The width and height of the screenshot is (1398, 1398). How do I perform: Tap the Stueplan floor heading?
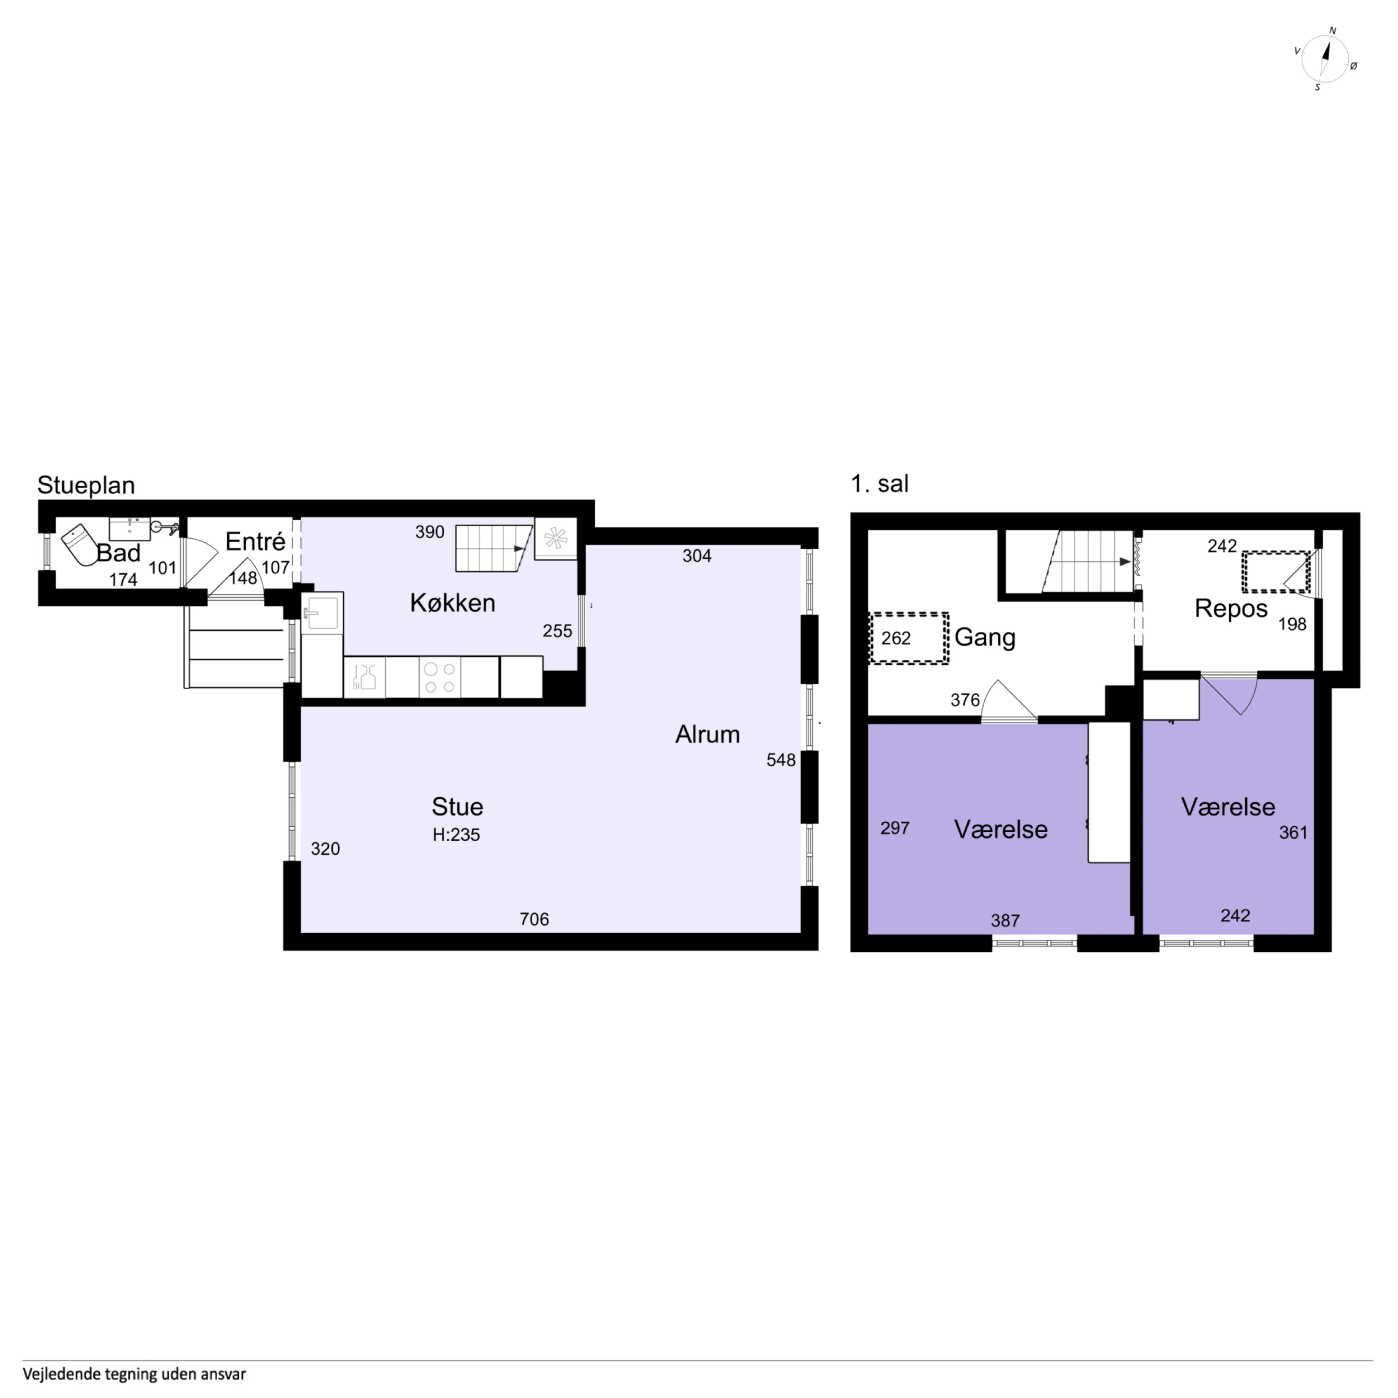pos(86,485)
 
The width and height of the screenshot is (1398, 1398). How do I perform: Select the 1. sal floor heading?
pos(879,483)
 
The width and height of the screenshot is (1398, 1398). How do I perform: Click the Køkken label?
pos(452,603)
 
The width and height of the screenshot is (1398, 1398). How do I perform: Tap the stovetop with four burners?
pos(439,677)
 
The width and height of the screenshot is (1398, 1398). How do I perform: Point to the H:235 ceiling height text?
pos(456,834)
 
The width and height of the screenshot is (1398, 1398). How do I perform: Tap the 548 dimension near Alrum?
pos(781,760)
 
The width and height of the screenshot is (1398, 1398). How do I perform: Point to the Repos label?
pos(1231,608)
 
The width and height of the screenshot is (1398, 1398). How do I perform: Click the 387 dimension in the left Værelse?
pos(1005,921)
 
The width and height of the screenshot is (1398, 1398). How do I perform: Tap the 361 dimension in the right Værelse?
pos(1293,833)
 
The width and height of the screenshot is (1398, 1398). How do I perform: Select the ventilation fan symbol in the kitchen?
pos(556,538)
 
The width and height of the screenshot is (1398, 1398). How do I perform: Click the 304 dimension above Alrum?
pos(697,556)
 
